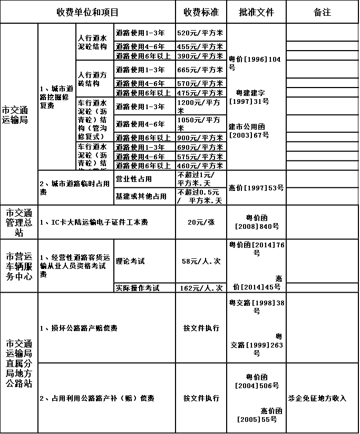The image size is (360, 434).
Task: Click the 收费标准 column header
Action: [x=201, y=12]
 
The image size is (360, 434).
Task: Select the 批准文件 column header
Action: [x=256, y=12]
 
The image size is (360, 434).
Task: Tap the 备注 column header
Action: [x=322, y=12]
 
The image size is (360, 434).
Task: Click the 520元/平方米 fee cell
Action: [x=200, y=33]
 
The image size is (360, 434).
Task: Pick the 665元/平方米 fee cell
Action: [x=200, y=70]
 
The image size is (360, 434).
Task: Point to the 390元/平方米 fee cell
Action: [x=200, y=56]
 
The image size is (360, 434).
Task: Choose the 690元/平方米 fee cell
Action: [x=200, y=147]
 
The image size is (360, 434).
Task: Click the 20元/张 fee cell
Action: [x=201, y=222]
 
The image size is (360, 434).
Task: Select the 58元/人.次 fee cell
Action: [x=201, y=261]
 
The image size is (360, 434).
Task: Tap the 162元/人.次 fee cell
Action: [x=201, y=288]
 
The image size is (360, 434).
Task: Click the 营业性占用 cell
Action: [x=134, y=179]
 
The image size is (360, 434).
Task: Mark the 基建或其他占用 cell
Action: [x=141, y=196]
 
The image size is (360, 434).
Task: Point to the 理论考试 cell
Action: [x=130, y=261]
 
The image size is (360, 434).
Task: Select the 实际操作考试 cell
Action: [x=138, y=288]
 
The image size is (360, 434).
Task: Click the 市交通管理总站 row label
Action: [x=19, y=222]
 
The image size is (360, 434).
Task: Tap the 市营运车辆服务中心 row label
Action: [x=19, y=266]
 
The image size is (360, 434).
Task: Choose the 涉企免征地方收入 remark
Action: [x=317, y=398]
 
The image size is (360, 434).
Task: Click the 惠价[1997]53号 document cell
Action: [x=256, y=188]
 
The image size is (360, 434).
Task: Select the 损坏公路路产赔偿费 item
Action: [x=79, y=328]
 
